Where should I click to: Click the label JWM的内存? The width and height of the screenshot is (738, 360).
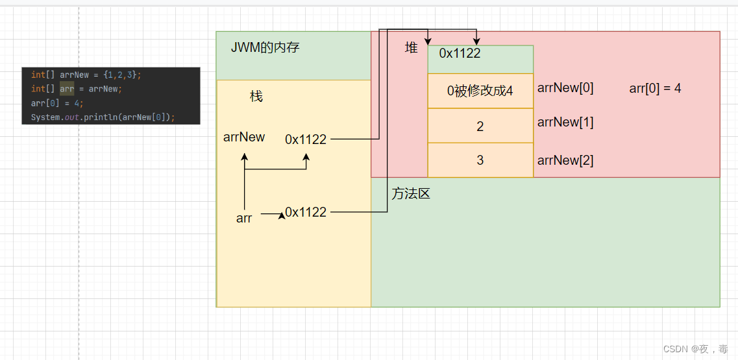(265, 47)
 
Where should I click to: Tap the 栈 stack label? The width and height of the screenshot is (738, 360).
(256, 96)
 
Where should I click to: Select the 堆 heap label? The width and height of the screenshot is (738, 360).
(412, 47)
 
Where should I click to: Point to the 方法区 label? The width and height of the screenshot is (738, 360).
(411, 193)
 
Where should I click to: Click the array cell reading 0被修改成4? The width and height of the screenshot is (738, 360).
(480, 91)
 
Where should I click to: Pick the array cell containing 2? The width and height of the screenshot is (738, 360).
(480, 126)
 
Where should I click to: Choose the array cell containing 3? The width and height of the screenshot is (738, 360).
(480, 160)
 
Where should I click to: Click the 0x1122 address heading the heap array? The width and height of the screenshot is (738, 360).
(460, 54)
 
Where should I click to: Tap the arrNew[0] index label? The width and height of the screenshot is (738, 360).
(565, 88)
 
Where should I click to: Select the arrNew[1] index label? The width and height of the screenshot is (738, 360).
(565, 122)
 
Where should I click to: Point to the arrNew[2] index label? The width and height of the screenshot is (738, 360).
(565, 160)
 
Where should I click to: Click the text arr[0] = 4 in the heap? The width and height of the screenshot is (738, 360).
(655, 88)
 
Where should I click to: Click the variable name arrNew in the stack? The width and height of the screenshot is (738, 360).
(244, 137)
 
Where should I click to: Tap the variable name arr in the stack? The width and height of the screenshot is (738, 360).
(244, 219)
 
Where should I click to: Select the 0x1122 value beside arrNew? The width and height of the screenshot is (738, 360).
(306, 139)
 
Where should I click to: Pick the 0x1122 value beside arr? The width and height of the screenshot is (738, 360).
(306, 212)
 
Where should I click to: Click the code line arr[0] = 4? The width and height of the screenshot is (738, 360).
(57, 103)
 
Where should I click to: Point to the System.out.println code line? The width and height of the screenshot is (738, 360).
(103, 117)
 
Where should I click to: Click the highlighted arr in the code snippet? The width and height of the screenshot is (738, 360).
(67, 89)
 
